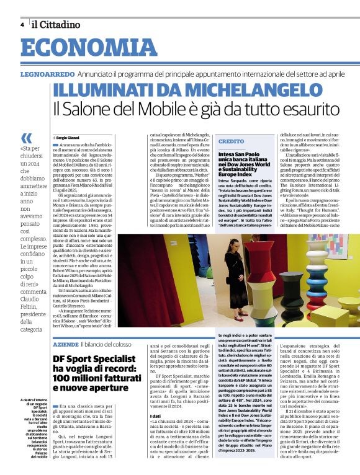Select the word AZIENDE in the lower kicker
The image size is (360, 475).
click(x=65, y=343)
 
